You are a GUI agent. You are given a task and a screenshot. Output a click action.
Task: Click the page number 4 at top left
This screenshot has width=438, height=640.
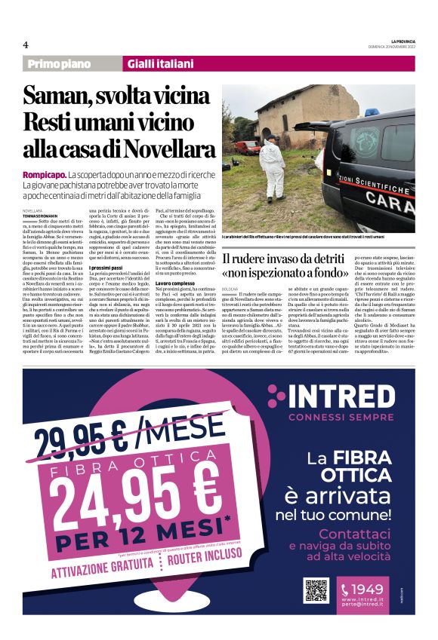25,44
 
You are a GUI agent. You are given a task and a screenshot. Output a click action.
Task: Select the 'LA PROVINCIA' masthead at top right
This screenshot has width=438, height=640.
396,39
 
